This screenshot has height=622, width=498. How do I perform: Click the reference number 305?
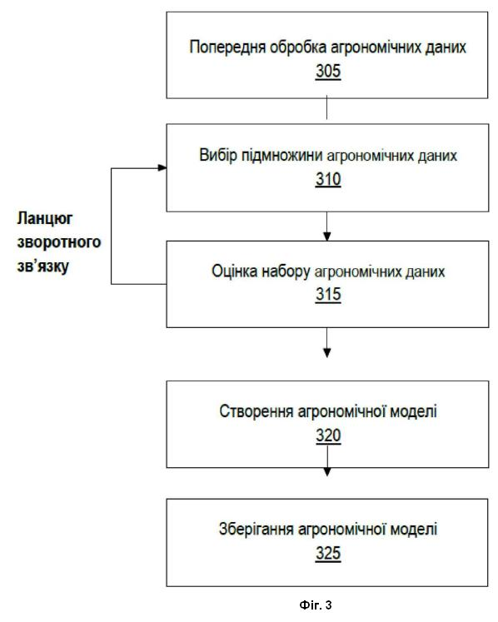(328, 72)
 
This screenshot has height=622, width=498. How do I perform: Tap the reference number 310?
(328, 179)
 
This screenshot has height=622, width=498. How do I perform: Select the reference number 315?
(328, 295)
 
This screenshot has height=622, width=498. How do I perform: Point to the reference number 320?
(328, 435)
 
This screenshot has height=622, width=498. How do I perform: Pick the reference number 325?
(328, 554)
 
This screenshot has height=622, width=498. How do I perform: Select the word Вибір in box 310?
(218, 155)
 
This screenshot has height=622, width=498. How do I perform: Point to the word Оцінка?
(234, 271)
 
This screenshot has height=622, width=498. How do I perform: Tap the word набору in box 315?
(286, 272)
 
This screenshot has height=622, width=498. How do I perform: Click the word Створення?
(256, 412)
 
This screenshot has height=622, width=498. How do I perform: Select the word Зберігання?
(256, 530)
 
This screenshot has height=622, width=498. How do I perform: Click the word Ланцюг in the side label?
(45, 219)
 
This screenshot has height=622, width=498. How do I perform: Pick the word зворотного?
(59, 242)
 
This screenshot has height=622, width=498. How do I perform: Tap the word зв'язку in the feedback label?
(42, 266)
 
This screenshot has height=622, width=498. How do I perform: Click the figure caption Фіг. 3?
(316, 605)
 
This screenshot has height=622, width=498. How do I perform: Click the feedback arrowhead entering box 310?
(162, 168)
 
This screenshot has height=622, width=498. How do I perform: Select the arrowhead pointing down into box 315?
(327, 236)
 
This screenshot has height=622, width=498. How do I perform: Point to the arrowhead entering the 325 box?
(327, 471)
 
